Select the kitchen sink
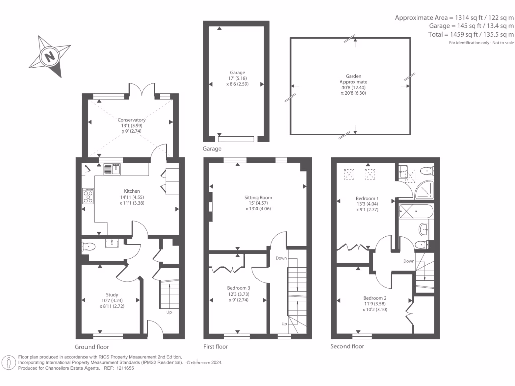click(112, 169)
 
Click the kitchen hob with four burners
click(88, 195)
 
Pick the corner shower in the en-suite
click(426, 188)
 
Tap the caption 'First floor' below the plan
click(215, 347)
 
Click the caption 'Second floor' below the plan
click(347, 347)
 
